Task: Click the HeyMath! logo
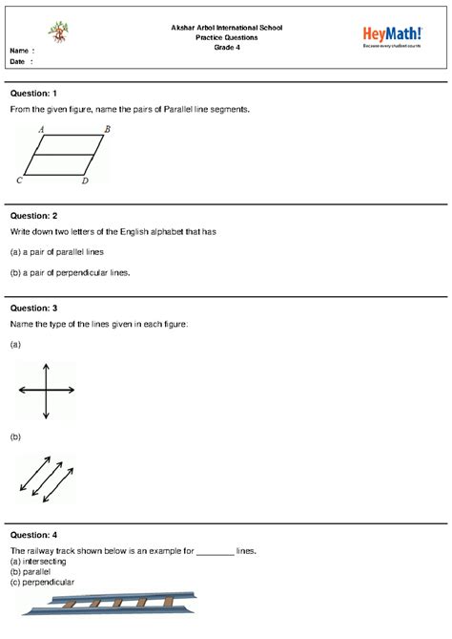pos(392,36)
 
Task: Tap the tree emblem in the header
pos(60,32)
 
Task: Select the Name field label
pos(21,50)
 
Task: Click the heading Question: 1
pos(34,94)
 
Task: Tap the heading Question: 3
pos(34,309)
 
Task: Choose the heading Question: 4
pos(34,535)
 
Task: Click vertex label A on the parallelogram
pos(41,128)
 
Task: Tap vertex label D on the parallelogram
pos(85,181)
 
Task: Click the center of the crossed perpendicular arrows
pos(45,390)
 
